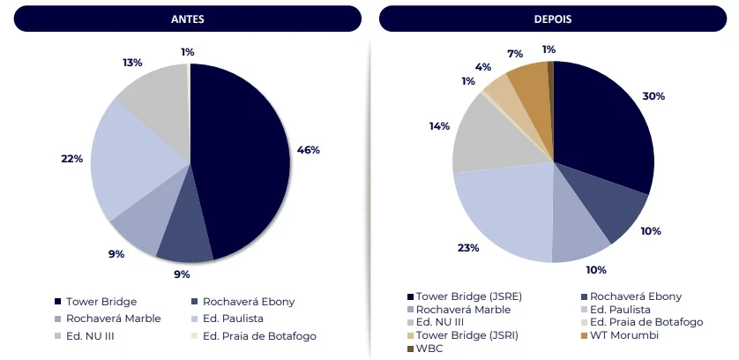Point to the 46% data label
(309, 150)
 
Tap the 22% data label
(72, 159)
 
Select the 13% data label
(132, 63)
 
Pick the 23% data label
(467, 248)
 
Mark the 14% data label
(439, 126)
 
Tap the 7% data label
(515, 54)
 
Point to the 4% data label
(483, 67)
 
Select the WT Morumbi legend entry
(621, 335)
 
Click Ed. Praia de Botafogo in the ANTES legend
(258, 335)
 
